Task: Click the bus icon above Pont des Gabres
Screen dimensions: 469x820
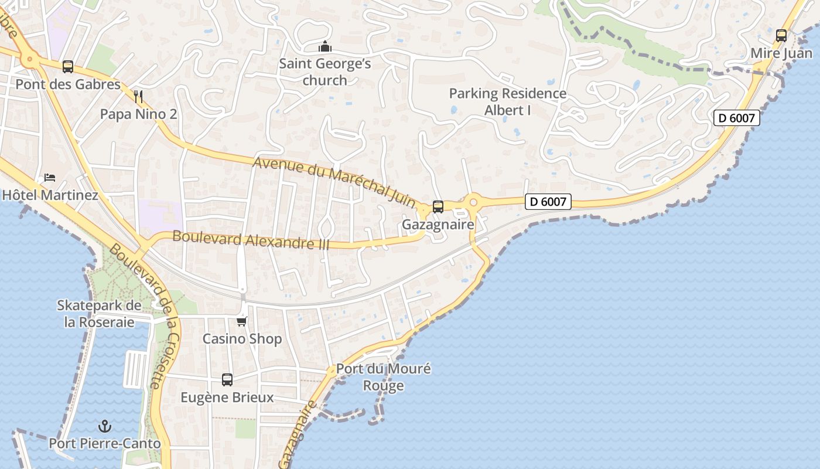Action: click(68, 67)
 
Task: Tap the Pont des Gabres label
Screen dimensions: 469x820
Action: click(68, 84)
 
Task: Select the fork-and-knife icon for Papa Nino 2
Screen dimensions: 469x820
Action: click(138, 96)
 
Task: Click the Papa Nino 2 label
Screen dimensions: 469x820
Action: click(138, 114)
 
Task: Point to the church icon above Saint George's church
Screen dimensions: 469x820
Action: click(324, 46)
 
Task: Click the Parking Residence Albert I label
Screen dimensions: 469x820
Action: click(507, 101)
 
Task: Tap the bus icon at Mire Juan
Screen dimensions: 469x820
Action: click(781, 36)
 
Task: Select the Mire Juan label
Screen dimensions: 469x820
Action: click(781, 53)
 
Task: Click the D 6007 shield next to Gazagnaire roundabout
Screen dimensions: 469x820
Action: click(548, 202)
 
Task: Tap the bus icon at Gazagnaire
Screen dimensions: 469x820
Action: click(438, 207)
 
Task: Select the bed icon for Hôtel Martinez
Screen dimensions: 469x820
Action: click(50, 178)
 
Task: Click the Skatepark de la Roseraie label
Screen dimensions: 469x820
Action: click(99, 314)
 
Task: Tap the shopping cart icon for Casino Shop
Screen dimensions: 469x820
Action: click(242, 321)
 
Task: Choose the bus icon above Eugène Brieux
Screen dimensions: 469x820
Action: click(227, 380)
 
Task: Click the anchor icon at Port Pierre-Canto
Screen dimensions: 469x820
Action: click(104, 426)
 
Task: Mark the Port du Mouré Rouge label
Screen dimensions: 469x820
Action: click(383, 377)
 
